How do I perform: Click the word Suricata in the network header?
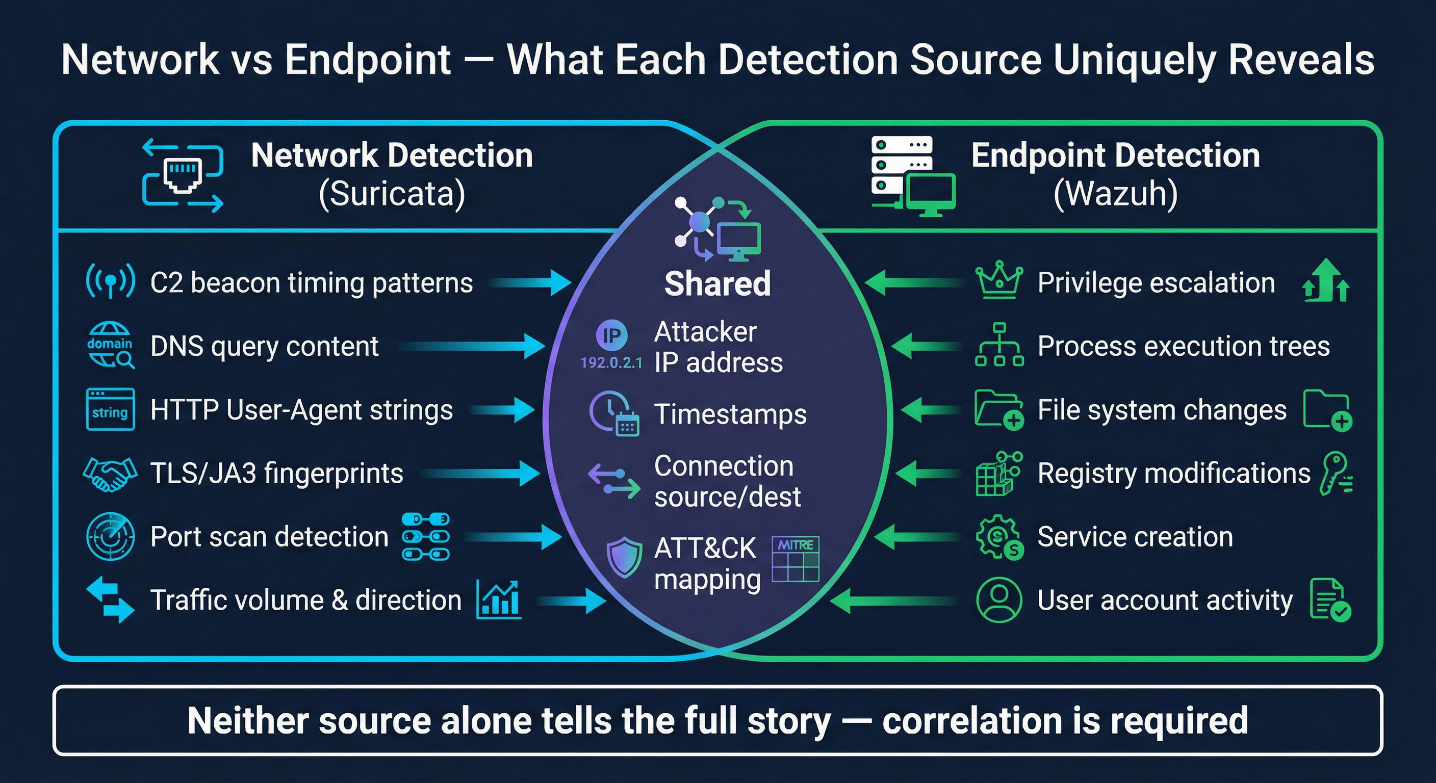(391, 193)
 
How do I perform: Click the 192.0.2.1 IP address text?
(611, 363)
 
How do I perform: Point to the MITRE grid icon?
(796, 559)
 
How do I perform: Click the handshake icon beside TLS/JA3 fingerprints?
(110, 474)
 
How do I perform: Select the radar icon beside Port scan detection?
(110, 537)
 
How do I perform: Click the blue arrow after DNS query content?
(474, 346)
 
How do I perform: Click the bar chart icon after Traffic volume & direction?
(499, 599)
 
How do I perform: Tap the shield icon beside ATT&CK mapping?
(624, 557)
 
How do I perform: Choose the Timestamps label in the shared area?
(730, 414)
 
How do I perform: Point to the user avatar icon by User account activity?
(999, 599)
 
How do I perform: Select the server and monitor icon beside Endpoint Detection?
(912, 176)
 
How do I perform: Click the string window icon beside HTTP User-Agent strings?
(110, 410)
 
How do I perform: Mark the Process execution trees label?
(1184, 346)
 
